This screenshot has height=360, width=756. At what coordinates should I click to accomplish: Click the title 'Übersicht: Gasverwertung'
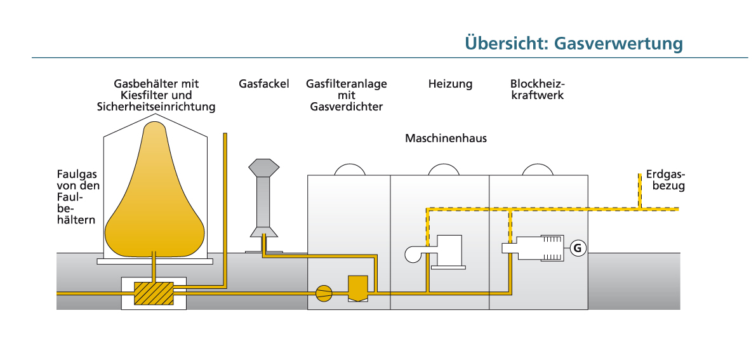click(573, 43)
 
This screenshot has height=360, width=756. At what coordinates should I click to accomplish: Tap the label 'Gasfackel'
click(264, 84)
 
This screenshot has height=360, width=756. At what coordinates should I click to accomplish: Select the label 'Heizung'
click(450, 84)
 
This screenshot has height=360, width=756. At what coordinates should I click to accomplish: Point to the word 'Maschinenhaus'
click(446, 138)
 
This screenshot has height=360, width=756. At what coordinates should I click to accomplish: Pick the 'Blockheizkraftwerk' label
click(537, 90)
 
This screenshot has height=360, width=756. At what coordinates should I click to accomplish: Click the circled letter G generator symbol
click(577, 248)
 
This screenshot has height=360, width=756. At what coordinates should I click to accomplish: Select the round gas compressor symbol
click(324, 293)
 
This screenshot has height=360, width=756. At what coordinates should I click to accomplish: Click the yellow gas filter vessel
click(358, 288)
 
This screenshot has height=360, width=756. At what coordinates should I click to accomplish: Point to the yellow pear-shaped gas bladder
click(155, 197)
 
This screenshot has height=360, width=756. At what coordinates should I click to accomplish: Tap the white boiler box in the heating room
click(449, 251)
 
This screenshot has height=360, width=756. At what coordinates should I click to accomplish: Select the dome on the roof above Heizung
click(444, 170)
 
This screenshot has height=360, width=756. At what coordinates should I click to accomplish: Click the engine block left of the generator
click(536, 248)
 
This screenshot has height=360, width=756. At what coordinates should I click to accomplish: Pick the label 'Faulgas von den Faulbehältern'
click(78, 197)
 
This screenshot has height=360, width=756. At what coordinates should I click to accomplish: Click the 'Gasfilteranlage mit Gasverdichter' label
click(346, 95)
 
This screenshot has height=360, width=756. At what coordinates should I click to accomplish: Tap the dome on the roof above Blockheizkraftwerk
click(538, 170)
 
